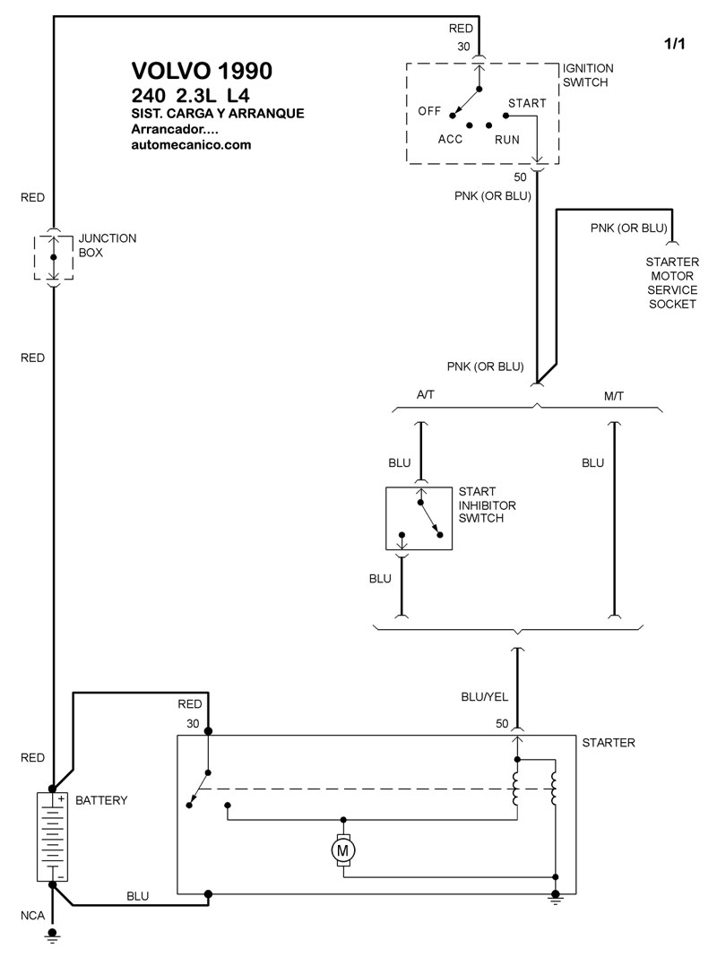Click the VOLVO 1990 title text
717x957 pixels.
[x=202, y=71]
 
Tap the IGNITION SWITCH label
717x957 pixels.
[x=588, y=75]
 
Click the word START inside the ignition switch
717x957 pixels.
[x=527, y=103]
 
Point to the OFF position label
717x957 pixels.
[x=430, y=111]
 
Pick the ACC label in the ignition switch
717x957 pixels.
[x=450, y=140]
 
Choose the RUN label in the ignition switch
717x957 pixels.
[x=507, y=140]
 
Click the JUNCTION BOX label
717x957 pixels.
[x=107, y=246]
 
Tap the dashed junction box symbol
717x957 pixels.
[x=53, y=257]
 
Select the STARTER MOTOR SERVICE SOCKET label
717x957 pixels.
[x=672, y=282]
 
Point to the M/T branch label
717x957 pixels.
[x=615, y=394]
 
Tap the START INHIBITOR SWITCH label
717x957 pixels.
[x=487, y=505]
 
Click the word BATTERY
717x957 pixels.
[x=101, y=800]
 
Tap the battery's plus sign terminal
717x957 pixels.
[x=61, y=797]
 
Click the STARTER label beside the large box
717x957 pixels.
[x=609, y=743]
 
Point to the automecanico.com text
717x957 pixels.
[x=190, y=144]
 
